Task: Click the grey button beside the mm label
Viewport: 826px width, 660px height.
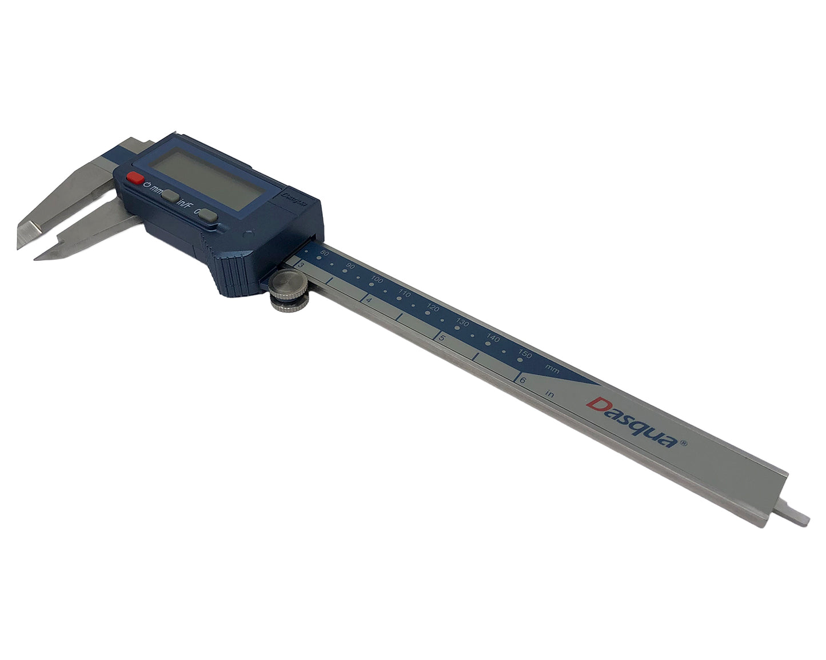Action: [x=170, y=196]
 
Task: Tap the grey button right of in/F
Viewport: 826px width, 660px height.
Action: [x=208, y=216]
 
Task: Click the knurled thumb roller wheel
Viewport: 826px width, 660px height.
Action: [x=288, y=290]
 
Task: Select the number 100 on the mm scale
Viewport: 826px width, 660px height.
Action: [x=376, y=280]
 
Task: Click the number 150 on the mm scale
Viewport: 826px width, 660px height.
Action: [x=525, y=353]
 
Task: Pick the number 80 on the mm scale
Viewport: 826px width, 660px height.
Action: [x=325, y=253]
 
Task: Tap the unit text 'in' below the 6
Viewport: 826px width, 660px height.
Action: [x=550, y=393]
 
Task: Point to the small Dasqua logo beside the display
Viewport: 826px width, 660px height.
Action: [x=295, y=198]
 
